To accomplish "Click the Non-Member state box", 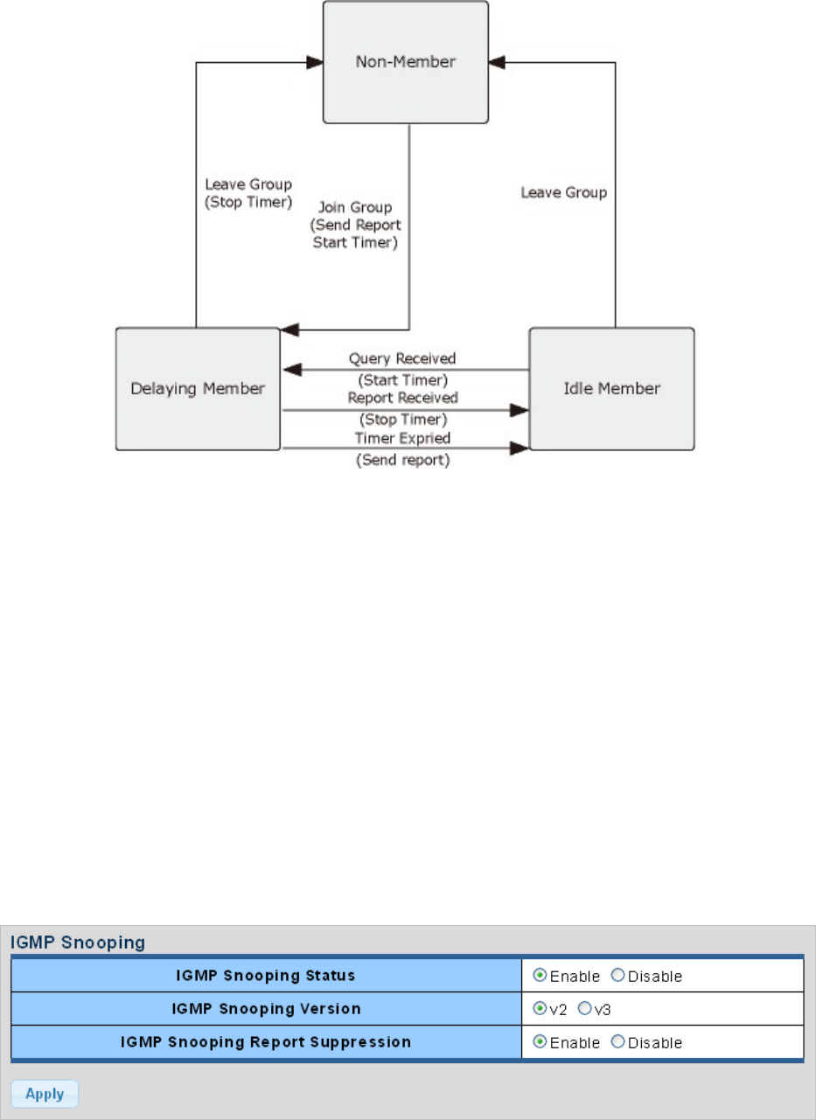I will click(406, 62).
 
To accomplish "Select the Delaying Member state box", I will click(197, 388).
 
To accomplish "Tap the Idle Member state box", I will click(611, 388).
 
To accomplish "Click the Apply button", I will click(44, 1094).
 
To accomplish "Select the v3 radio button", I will click(584, 1009).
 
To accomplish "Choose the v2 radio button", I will click(540, 1009).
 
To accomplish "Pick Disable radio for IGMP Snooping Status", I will click(617, 976).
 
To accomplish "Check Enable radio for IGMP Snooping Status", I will click(540, 976).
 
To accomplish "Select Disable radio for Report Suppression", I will click(617, 1042).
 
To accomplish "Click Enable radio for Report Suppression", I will click(540, 1042).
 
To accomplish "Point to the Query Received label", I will click(402, 358).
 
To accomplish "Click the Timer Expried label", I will click(402, 438).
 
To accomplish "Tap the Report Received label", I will click(402, 398).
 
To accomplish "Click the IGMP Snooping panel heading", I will click(77, 943).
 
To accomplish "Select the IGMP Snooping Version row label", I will click(266, 1009).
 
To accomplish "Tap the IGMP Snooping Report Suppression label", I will click(266, 1042).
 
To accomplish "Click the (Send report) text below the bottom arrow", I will click(402, 460).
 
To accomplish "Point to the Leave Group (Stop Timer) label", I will click(248, 193).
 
